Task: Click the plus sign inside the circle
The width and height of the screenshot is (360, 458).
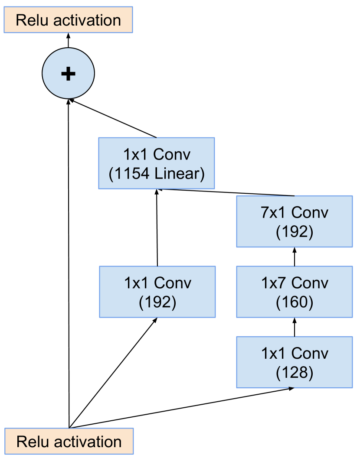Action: pos(68,74)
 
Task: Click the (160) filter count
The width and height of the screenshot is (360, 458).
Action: pos(295,302)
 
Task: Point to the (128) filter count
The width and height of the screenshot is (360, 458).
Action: pos(295,373)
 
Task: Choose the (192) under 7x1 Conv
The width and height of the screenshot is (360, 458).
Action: pos(295,232)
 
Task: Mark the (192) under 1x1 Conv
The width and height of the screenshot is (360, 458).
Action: pos(157,302)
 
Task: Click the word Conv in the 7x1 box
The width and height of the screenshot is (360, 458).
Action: pos(310,213)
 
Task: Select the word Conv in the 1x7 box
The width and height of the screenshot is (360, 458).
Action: pos(310,283)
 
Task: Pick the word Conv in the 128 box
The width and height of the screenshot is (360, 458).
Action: pos(310,354)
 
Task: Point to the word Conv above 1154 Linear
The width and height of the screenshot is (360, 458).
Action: pos(172,155)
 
